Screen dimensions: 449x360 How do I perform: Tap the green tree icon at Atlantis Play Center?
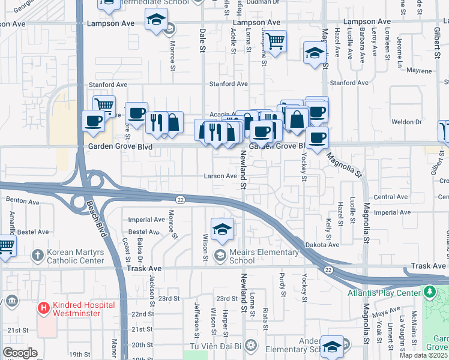[429, 292]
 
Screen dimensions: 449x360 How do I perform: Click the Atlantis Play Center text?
[384, 293]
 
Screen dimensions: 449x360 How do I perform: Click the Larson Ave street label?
[220, 176]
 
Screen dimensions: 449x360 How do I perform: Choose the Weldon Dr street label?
[408, 122]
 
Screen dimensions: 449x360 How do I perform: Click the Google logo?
[20, 353]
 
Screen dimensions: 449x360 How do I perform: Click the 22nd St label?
[143, 314]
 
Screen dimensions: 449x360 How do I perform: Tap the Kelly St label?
[329, 229]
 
